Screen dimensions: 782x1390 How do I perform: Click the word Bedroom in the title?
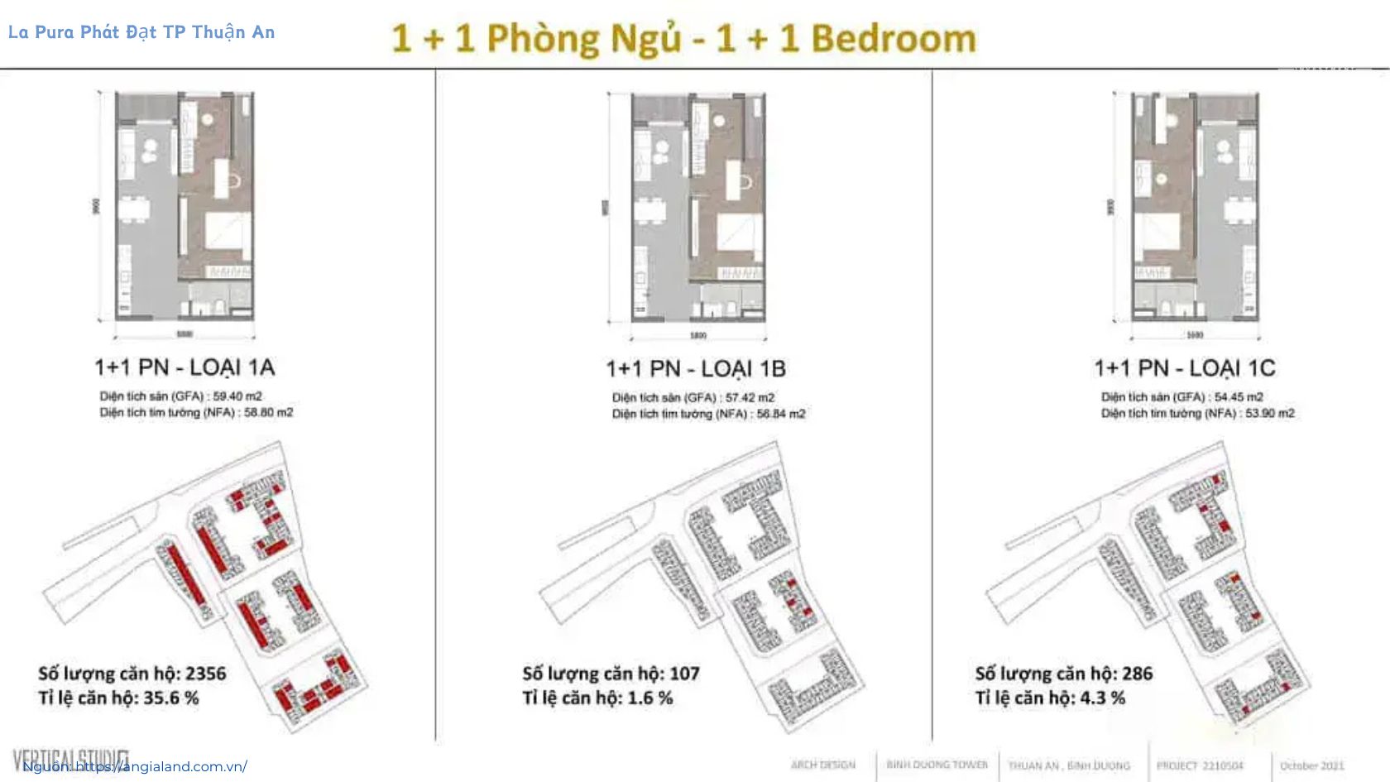coord(894,39)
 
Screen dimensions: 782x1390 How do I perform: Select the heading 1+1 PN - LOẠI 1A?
coord(185,367)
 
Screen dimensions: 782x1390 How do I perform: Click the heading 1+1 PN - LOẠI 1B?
coord(696,368)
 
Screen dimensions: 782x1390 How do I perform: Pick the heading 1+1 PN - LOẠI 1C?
coord(1185,367)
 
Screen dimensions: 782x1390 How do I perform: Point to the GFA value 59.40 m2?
coord(237,396)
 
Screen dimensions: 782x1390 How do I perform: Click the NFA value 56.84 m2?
coord(781,414)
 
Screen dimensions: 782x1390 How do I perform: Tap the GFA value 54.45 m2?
coord(1239,397)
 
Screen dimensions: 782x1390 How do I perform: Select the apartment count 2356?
coord(205,674)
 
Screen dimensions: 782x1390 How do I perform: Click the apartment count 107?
coord(684,674)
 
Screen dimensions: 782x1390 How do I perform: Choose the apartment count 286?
coord(1137,674)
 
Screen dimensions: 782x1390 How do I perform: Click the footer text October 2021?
coord(1311,765)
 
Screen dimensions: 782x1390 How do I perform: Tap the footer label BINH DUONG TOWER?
coord(937,765)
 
